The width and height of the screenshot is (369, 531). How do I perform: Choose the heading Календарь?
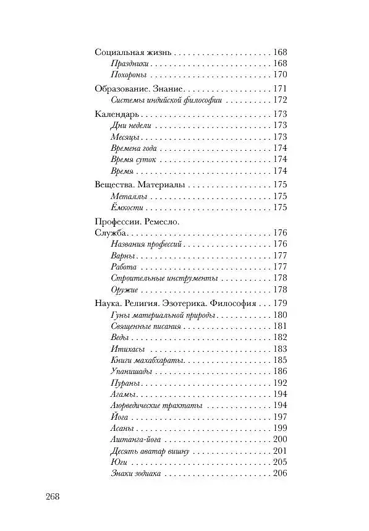click(116, 114)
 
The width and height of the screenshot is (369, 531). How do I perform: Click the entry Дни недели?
click(129, 125)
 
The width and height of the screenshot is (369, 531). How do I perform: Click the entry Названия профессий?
click(145, 244)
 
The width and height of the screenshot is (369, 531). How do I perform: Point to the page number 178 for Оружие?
click(280, 290)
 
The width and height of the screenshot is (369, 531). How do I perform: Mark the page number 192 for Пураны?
click(280, 383)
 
